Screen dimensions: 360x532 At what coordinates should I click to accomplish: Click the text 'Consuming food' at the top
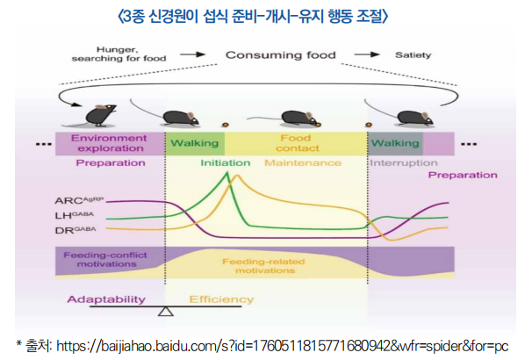(x=280, y=55)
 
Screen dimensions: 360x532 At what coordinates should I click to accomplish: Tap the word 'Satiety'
(x=413, y=55)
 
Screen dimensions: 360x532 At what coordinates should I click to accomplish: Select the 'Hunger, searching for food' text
(x=119, y=55)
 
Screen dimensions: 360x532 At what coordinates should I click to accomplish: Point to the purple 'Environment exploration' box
(x=109, y=143)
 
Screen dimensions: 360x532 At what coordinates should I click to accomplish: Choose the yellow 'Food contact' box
(x=295, y=143)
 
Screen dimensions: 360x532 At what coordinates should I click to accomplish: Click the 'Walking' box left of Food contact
(x=194, y=143)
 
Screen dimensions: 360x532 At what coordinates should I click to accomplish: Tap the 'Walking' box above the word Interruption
(x=394, y=143)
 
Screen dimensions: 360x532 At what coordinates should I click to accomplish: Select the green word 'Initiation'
(x=225, y=163)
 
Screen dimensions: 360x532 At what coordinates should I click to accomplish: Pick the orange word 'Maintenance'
(x=303, y=163)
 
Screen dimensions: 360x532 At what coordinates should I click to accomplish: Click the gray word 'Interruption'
(x=403, y=163)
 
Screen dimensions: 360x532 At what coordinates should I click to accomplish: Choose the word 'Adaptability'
(x=108, y=299)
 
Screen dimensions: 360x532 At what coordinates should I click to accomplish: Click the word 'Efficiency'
(x=220, y=299)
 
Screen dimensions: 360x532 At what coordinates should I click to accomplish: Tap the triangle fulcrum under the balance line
(x=164, y=313)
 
